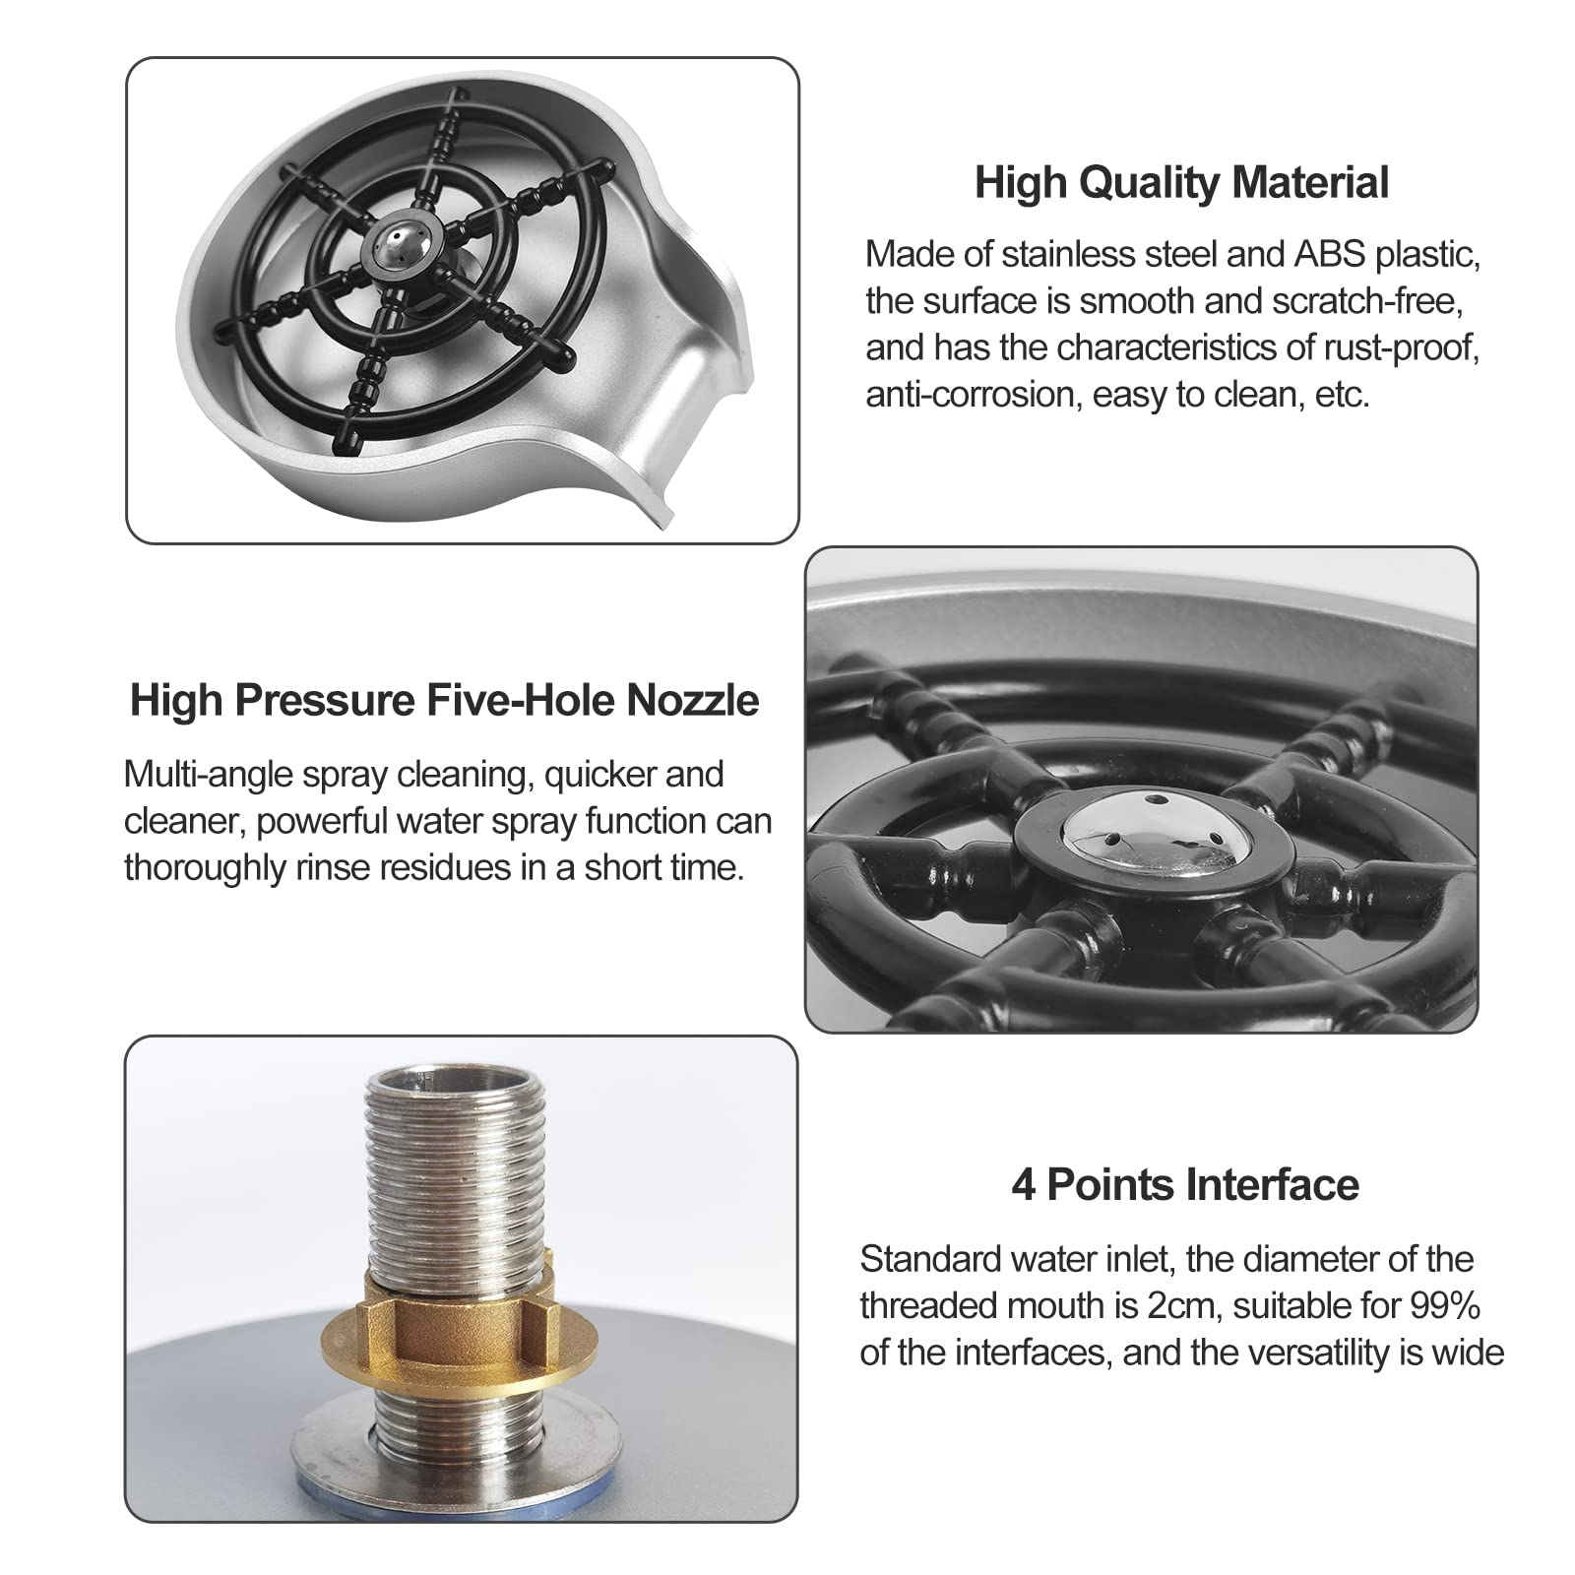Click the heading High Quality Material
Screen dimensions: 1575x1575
tap(1181, 184)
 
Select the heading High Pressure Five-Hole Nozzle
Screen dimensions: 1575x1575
tap(445, 701)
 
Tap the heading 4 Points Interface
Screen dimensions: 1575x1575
tap(1185, 1184)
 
